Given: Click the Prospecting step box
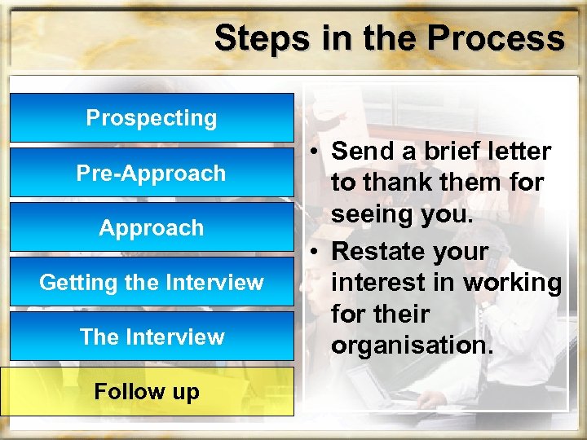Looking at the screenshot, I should (152, 118).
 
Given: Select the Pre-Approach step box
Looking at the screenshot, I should (152, 173).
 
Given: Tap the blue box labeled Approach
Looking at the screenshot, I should (152, 227).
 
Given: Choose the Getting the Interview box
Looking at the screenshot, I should (152, 283).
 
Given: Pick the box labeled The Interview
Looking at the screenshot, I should (152, 337).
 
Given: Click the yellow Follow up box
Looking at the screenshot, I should (147, 392).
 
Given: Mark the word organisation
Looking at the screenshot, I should (412, 345).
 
